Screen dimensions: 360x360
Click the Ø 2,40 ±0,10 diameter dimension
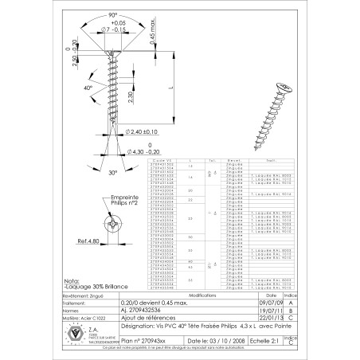[143, 130]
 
